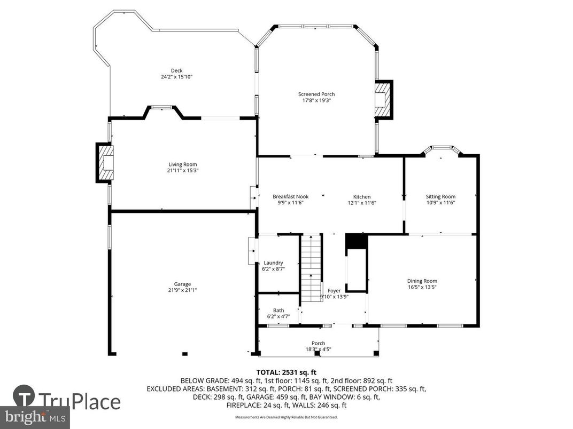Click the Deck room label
click(176, 70)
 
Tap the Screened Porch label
click(316, 94)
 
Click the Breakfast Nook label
click(290, 196)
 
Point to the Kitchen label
click(361, 197)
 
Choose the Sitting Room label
click(440, 196)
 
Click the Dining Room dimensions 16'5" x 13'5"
click(422, 287)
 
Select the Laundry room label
click(273, 263)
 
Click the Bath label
click(278, 310)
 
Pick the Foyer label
click(334, 291)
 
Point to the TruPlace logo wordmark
click(80, 401)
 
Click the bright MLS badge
click(35, 416)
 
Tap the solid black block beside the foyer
click(357, 242)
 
